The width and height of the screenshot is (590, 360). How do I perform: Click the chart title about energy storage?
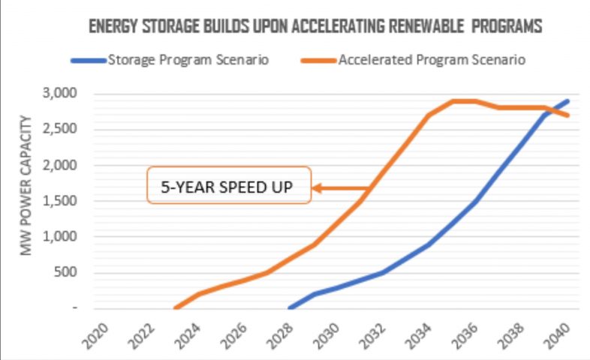click(315, 27)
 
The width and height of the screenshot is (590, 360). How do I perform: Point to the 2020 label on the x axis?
click(100, 333)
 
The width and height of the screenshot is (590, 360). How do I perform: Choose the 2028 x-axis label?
click(286, 333)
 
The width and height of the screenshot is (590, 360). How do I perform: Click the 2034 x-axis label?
click(426, 333)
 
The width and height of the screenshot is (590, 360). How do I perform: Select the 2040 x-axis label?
click(565, 333)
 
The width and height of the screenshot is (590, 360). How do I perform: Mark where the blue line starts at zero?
click(290, 307)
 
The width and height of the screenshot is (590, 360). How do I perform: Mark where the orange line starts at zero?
click(175, 307)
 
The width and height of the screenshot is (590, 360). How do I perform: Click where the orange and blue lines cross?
click(550, 111)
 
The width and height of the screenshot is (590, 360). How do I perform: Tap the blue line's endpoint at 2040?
click(568, 100)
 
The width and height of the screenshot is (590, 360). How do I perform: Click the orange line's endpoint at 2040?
click(568, 115)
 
